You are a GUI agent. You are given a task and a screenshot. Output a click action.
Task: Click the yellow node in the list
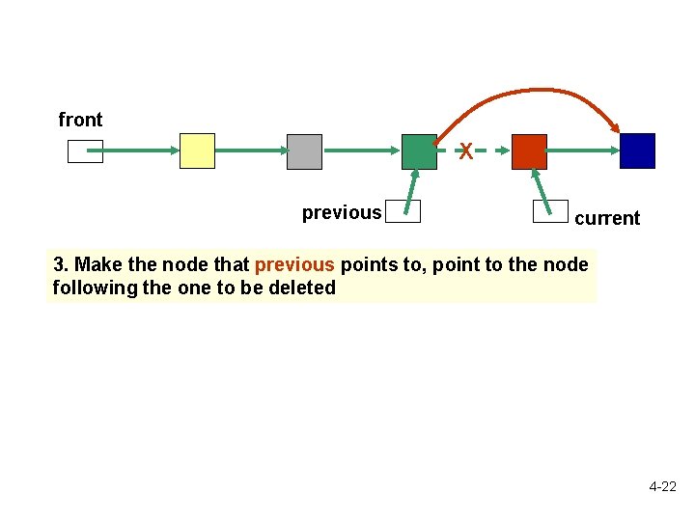pyautogui.click(x=197, y=151)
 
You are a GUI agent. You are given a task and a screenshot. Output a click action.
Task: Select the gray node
pyautogui.click(x=304, y=151)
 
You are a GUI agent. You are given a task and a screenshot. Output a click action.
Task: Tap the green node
pyautogui.click(x=419, y=151)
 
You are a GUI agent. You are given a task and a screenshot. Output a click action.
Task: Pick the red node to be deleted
pyautogui.click(x=529, y=151)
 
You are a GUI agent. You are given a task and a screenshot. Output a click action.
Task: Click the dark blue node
pyautogui.click(x=637, y=151)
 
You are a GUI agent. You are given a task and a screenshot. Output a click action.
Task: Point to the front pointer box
pyautogui.click(x=85, y=151)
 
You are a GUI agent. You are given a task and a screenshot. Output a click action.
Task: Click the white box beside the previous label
pyautogui.click(x=403, y=211)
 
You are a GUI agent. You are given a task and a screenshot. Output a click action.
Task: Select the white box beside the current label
pyautogui.click(x=551, y=211)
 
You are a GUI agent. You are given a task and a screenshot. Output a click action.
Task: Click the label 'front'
pyautogui.click(x=80, y=120)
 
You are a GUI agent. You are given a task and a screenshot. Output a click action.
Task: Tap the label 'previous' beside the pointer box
pyautogui.click(x=342, y=212)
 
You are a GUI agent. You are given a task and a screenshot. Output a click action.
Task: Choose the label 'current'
pyautogui.click(x=607, y=218)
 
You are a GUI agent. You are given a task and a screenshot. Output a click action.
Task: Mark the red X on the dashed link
pyautogui.click(x=465, y=151)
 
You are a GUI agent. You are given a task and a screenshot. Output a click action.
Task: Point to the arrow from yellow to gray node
pyautogui.click(x=251, y=151)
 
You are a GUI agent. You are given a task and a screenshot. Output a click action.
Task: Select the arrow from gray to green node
pyautogui.click(x=362, y=151)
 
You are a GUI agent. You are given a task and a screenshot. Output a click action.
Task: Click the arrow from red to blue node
pyautogui.click(x=583, y=151)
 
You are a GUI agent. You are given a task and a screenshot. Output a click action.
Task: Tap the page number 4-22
pyautogui.click(x=662, y=487)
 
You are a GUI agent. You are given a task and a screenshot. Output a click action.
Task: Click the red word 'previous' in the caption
pyautogui.click(x=294, y=264)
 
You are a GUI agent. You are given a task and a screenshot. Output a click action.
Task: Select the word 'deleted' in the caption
pyautogui.click(x=303, y=288)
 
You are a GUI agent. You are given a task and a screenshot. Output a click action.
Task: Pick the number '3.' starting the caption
pyautogui.click(x=62, y=264)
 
